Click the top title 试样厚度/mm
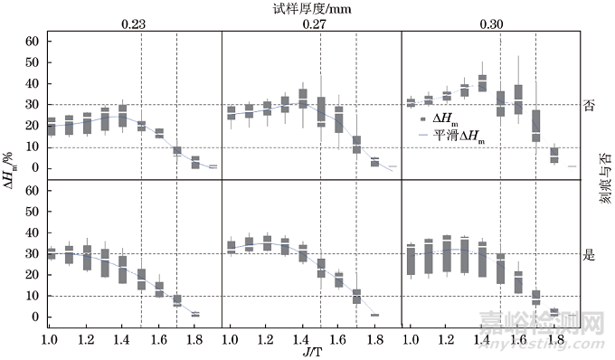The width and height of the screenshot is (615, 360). [x=313, y=8]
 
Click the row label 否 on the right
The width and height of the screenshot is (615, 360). [x=590, y=105]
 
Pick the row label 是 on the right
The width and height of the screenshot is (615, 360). [x=590, y=254]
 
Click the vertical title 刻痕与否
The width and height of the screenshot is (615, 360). [x=604, y=180]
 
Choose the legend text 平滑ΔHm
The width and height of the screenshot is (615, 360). [x=458, y=135]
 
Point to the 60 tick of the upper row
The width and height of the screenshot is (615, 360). [x=32, y=42]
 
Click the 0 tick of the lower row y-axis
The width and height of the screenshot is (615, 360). [x=35, y=317]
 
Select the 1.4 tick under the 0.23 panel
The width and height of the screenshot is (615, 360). [x=122, y=337]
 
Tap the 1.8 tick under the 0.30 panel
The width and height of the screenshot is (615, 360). [x=553, y=337]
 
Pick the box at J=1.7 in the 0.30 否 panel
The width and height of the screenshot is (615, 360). [x=535, y=126]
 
